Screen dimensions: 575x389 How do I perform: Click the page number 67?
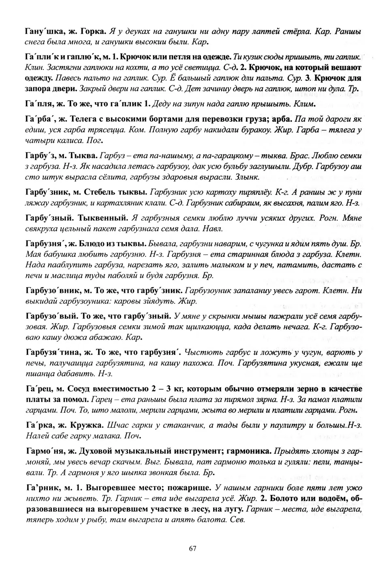pos(192,549)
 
